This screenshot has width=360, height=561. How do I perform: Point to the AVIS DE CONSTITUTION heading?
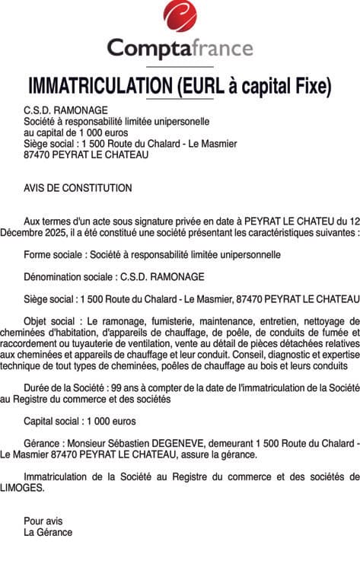pyautogui.click(x=78, y=188)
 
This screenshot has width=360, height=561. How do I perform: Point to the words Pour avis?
pyautogui.click(x=43, y=521)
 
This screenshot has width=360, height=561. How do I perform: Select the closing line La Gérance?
pyautogui.click(x=48, y=533)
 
